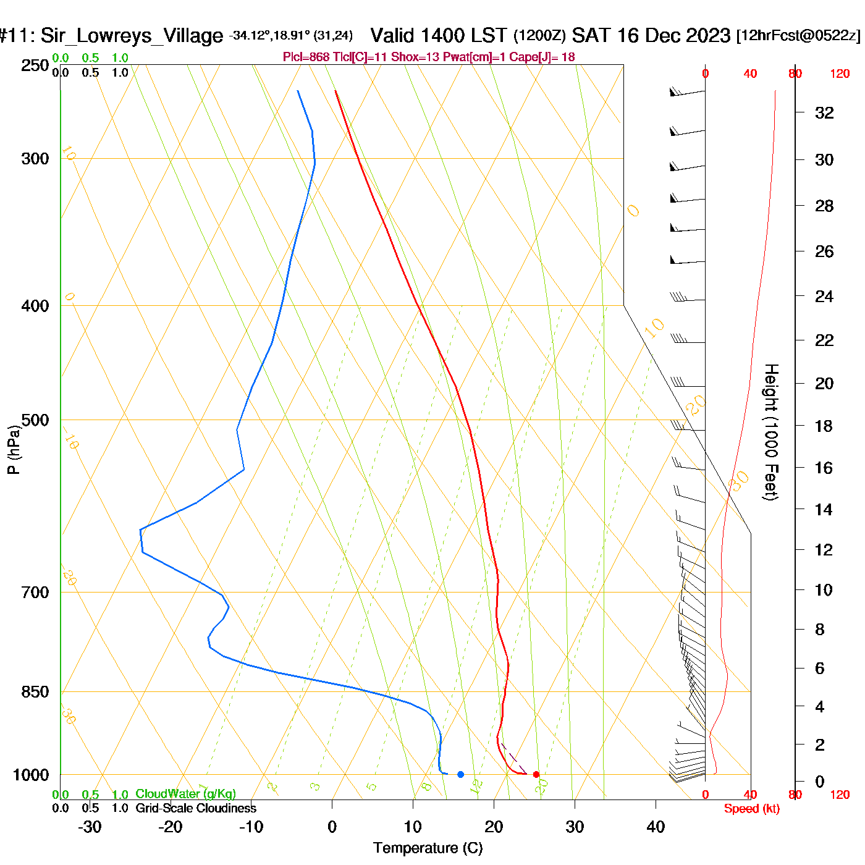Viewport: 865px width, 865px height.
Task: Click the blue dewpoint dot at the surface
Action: point(460,774)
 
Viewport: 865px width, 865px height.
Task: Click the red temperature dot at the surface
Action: point(536,774)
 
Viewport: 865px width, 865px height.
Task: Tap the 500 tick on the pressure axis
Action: point(35,420)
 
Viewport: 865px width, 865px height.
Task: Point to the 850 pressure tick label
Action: point(35,692)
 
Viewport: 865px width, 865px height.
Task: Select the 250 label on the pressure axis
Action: point(35,65)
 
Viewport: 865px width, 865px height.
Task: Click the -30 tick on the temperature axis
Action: point(90,827)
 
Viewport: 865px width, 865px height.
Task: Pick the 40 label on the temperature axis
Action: point(656,827)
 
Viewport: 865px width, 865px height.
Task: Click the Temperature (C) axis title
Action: point(428,848)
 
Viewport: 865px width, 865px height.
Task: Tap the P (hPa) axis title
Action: point(13,450)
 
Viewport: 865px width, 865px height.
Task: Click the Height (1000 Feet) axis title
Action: point(771,432)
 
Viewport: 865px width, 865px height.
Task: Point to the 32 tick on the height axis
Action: point(824,112)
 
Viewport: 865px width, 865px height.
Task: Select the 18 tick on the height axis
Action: point(824,426)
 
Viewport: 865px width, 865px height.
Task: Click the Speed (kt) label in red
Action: point(752,809)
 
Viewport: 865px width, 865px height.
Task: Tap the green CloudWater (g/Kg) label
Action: point(185,794)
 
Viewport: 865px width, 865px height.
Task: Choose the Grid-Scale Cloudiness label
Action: point(196,808)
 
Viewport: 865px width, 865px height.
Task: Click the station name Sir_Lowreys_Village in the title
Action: point(132,36)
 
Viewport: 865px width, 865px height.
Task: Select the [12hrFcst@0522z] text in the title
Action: point(798,36)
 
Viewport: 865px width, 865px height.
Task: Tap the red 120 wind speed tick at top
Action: point(840,74)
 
